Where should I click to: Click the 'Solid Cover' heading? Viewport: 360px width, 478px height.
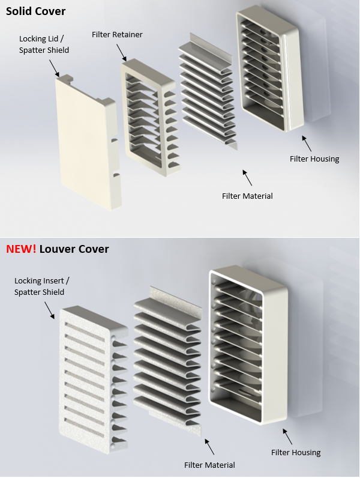35,11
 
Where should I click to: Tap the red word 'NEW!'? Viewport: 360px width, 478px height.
21,249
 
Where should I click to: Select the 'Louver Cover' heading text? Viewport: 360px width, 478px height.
74,249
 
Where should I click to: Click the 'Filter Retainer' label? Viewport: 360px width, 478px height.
117,35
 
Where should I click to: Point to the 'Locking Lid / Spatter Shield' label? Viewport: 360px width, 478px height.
44,44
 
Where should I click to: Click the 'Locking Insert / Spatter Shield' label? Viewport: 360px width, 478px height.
41,286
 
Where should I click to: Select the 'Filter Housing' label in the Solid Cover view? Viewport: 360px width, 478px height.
314,159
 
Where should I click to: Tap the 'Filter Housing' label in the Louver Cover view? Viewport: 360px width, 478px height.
296,452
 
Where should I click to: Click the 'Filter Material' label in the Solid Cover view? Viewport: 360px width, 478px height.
247,196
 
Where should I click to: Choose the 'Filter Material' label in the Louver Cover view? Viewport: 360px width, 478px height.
209,465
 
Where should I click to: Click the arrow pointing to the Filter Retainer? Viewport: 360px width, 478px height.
121,52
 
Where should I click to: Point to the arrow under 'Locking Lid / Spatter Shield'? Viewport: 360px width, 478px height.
54,68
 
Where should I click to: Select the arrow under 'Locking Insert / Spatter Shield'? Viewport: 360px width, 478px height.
50,310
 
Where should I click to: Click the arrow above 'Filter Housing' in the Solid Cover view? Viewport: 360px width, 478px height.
307,144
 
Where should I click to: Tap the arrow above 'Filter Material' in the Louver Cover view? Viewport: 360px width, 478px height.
209,447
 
